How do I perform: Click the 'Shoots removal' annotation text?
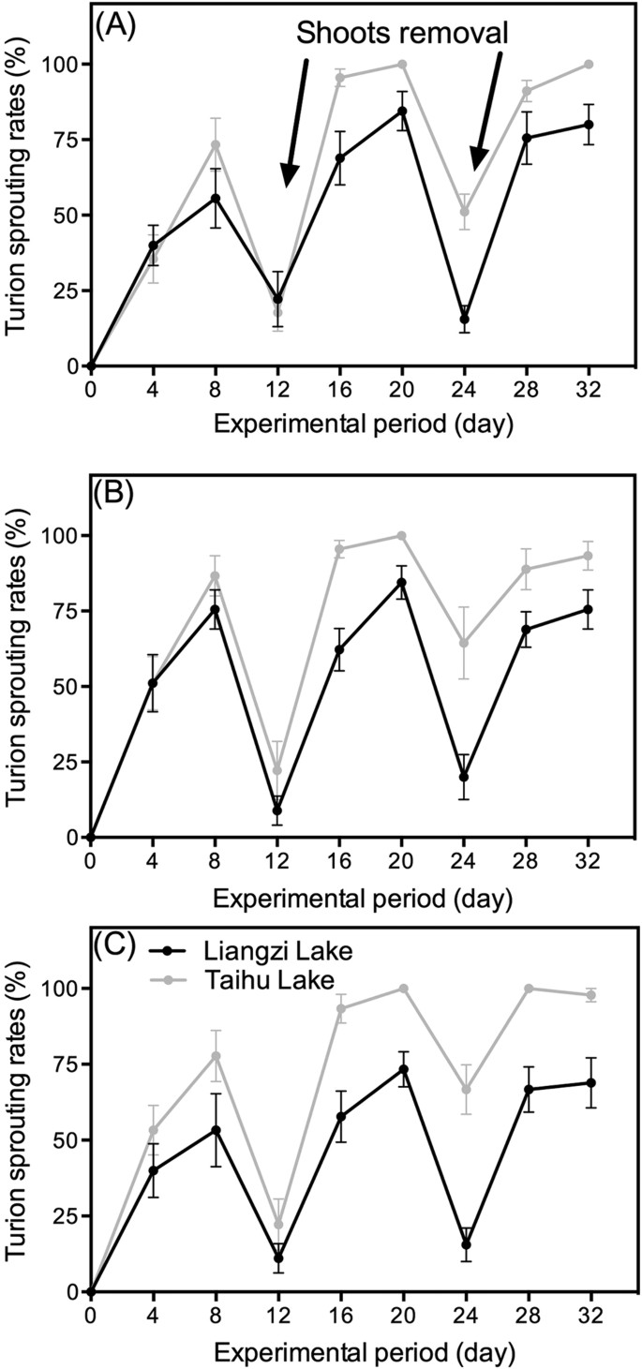pyautogui.click(x=403, y=34)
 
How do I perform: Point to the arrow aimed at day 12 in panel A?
pyautogui.click(x=296, y=122)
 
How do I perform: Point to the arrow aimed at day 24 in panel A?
pyautogui.click(x=488, y=112)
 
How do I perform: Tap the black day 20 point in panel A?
pyautogui.click(x=402, y=112)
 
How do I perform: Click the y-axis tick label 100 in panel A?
pyautogui.click(x=60, y=65)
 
